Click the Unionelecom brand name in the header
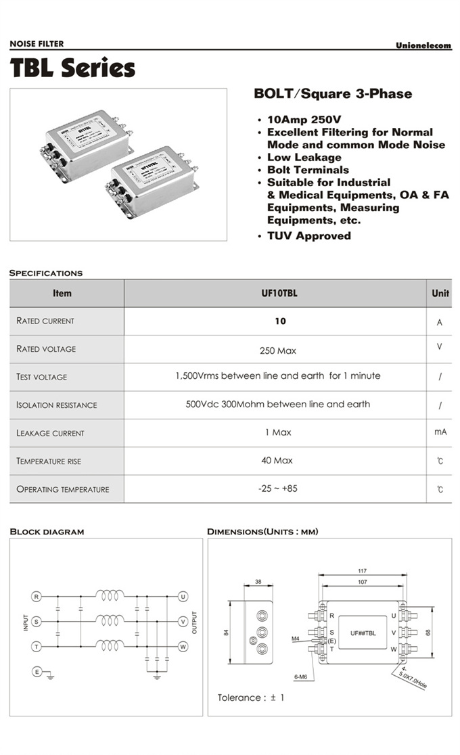(423, 45)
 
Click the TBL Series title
(72, 68)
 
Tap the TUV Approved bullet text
(308, 236)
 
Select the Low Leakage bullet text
(304, 158)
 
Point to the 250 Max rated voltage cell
(277, 350)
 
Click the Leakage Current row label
(51, 433)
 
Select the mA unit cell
(440, 432)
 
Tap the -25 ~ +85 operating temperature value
(277, 488)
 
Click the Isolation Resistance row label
(57, 405)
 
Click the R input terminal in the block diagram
(37, 596)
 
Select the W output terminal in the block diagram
(183, 646)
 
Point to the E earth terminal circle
(37, 671)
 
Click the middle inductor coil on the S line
(110, 620)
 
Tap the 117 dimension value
(363, 571)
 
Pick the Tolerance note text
(251, 697)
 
